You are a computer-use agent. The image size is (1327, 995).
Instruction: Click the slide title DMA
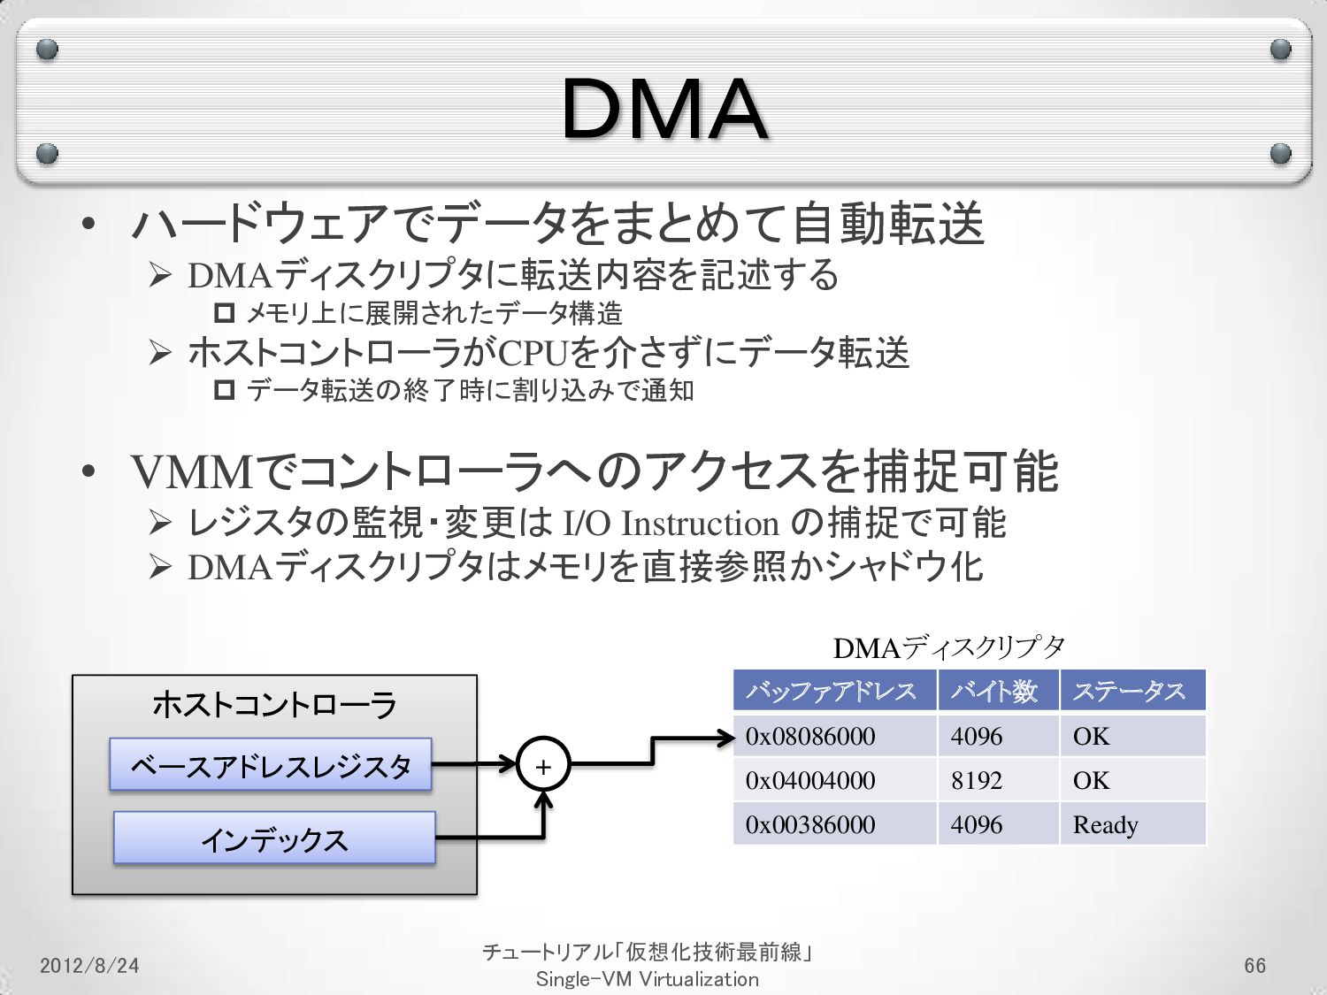663,109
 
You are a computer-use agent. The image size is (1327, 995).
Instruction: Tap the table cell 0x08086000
810,736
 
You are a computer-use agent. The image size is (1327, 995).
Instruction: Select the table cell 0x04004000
810,780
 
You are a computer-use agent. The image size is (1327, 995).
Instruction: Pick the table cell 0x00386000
810,824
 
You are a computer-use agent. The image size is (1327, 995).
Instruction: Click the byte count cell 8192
977,780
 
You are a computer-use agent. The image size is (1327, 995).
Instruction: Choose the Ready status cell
1105,824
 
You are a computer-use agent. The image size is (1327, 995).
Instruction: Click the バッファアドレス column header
832,691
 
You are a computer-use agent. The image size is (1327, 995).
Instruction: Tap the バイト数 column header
994,691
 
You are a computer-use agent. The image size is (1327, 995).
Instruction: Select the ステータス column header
1129,691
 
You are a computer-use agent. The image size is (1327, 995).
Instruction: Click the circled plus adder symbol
543,766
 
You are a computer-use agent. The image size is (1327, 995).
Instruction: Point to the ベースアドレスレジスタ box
271,765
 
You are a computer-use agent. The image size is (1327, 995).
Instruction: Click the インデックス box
274,838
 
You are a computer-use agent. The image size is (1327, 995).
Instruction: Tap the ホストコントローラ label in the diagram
274,705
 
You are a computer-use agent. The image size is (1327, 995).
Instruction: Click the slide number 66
1254,965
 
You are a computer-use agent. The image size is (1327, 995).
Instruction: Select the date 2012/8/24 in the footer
89,965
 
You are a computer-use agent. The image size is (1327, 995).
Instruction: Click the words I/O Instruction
671,524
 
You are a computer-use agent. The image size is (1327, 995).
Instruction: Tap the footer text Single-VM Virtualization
647,979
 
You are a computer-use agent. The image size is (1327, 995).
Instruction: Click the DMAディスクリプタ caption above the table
948,648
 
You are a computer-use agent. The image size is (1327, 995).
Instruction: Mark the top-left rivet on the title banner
47,50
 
